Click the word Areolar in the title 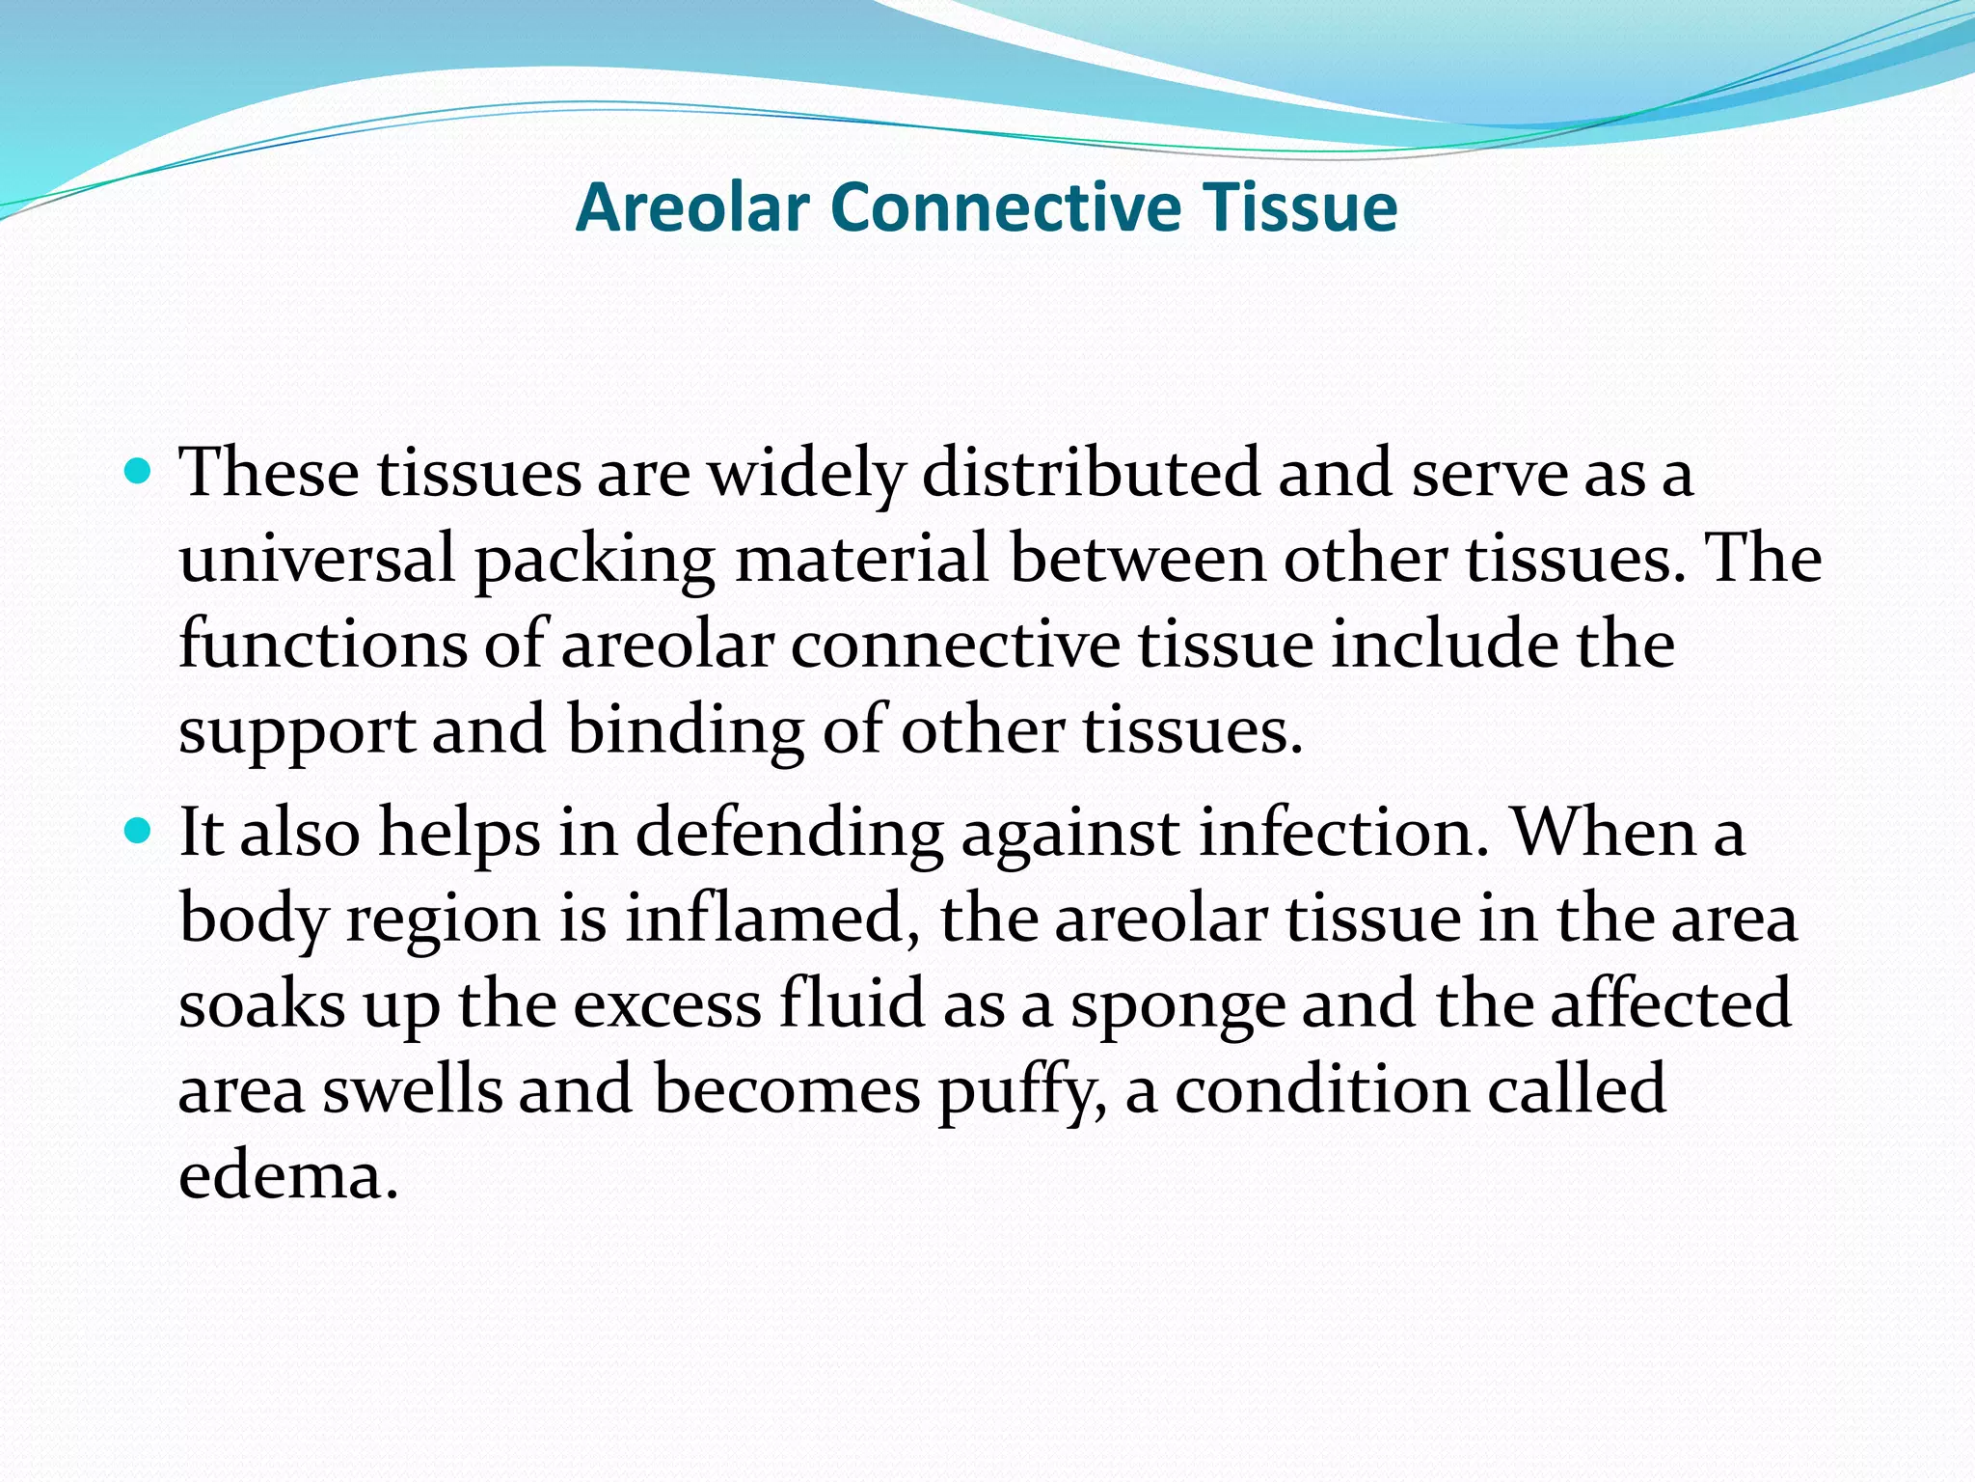pos(691,207)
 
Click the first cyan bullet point pos(140,472)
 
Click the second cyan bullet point pos(140,829)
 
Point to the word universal pos(316,560)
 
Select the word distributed pos(1091,473)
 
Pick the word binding pos(685,731)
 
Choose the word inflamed pos(771,919)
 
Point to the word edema pos(287,1176)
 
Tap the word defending pos(789,833)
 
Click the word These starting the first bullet pos(269,473)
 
